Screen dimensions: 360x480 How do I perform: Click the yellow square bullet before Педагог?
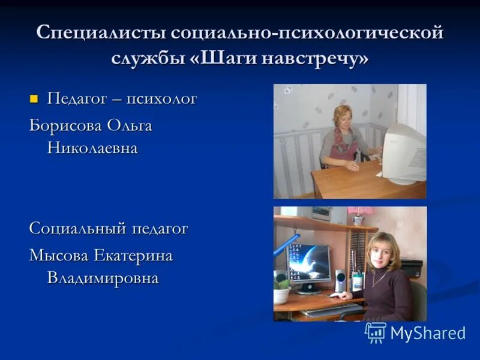[x=34, y=98]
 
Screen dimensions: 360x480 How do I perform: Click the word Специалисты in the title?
[x=101, y=32]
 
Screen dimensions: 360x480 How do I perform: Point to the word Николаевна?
[x=92, y=148]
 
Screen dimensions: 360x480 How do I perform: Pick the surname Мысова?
[x=58, y=256]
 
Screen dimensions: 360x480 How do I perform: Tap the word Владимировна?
[x=103, y=278]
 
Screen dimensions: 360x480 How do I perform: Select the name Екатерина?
[x=132, y=256]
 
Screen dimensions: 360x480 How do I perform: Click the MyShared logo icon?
[x=376, y=332]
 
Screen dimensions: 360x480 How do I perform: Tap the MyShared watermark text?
[x=428, y=333]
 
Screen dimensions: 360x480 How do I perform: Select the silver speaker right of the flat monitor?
[x=341, y=280]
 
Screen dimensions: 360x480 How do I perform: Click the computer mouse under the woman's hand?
[x=334, y=295]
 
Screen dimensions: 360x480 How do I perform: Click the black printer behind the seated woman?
[x=410, y=268]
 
